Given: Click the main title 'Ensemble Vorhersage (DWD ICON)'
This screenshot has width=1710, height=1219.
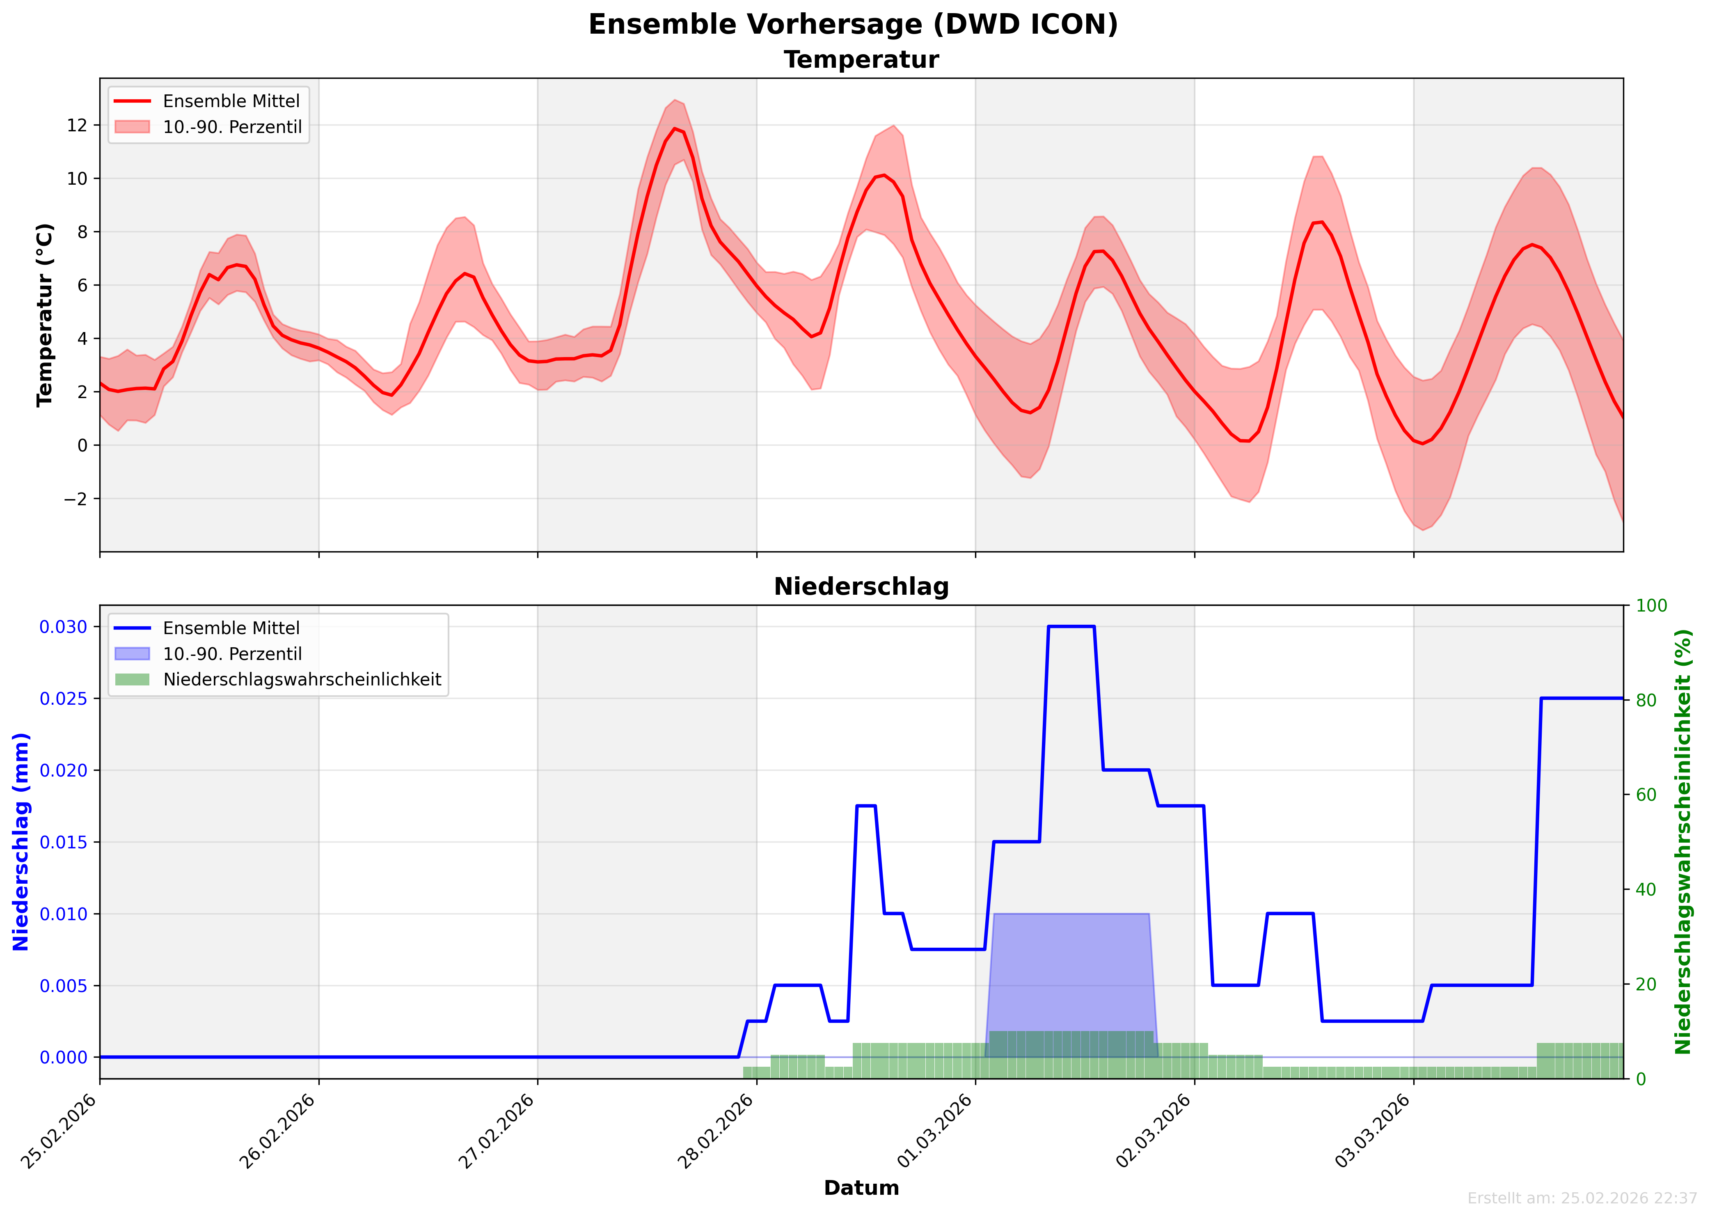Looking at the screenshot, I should [x=853, y=24].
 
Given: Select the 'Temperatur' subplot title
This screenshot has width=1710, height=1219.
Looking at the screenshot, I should [x=861, y=60].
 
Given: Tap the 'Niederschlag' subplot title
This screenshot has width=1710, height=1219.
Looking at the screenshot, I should [x=861, y=587].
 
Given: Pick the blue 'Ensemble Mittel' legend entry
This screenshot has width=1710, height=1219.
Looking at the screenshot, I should [x=230, y=628].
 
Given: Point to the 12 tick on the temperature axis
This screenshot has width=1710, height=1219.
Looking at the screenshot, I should [x=77, y=125].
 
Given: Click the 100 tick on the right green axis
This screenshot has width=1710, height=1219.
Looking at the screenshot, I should [x=1651, y=606].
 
